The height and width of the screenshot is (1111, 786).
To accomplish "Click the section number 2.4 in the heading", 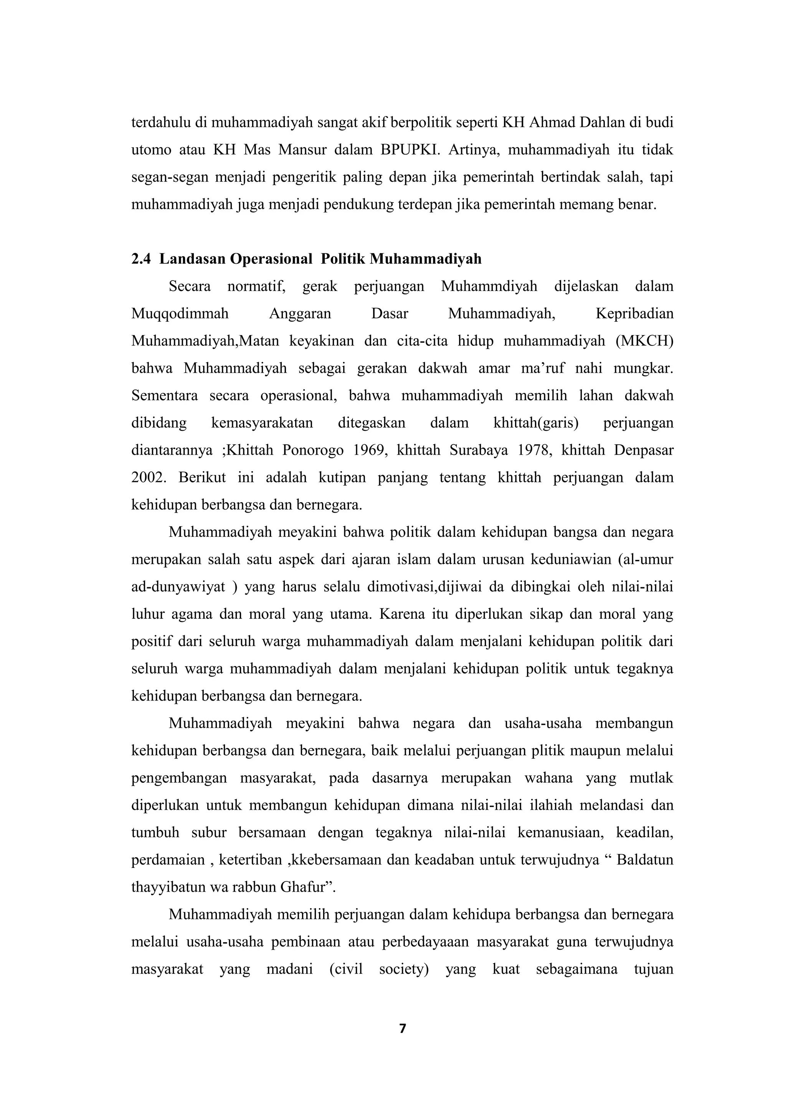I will coord(141,260).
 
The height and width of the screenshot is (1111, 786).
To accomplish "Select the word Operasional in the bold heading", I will coord(271,260).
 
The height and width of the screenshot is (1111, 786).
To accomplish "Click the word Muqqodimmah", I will coord(180,314).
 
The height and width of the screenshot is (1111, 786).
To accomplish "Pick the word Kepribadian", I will coord(634,314).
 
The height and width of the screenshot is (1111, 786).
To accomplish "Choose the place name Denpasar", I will coord(644,450).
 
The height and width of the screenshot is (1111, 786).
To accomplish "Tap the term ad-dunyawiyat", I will coord(178,587).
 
